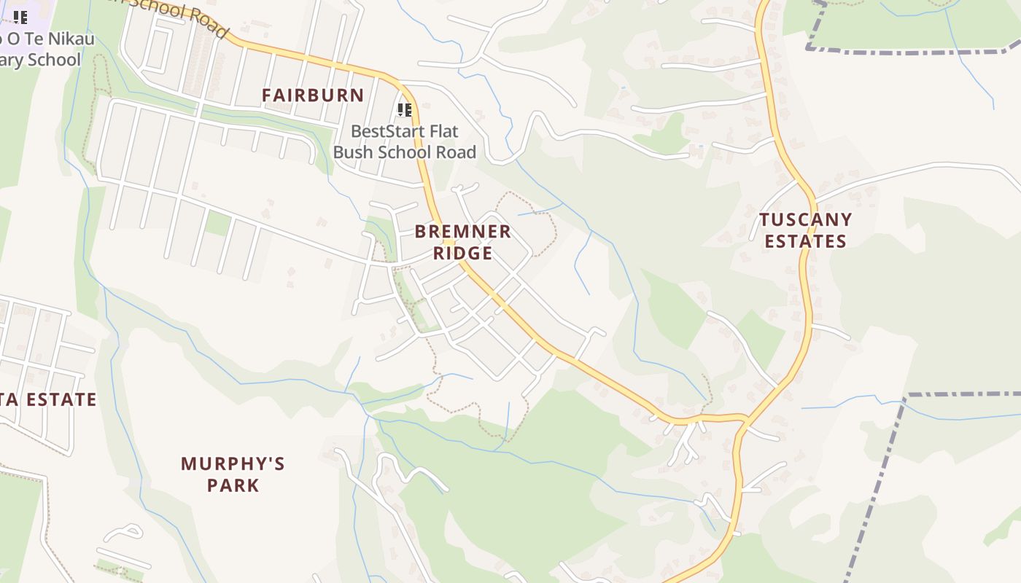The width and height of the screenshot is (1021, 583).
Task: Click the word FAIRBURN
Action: [x=313, y=95]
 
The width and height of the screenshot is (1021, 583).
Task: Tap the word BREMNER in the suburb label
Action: [x=463, y=232]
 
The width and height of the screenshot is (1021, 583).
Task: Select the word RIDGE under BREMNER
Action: [x=463, y=254]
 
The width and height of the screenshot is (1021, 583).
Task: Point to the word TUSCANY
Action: [x=805, y=220]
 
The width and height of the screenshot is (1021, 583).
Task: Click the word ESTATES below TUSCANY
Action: [x=805, y=241]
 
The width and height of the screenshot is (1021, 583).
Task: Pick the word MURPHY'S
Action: [x=233, y=464]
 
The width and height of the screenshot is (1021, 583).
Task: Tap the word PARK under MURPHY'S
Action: [x=233, y=485]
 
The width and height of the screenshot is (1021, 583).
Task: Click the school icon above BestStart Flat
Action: [x=405, y=110]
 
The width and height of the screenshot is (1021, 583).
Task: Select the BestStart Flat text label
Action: [x=405, y=132]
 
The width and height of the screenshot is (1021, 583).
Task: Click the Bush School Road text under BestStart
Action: [x=405, y=152]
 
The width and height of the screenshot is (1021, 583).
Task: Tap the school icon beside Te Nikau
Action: [x=20, y=17]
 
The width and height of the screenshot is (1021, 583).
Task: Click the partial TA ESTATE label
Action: [x=48, y=399]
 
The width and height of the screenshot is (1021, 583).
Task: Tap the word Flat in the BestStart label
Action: [x=444, y=132]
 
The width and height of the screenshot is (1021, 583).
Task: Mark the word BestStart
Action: [x=388, y=132]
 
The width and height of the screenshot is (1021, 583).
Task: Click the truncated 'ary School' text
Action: [x=40, y=60]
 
